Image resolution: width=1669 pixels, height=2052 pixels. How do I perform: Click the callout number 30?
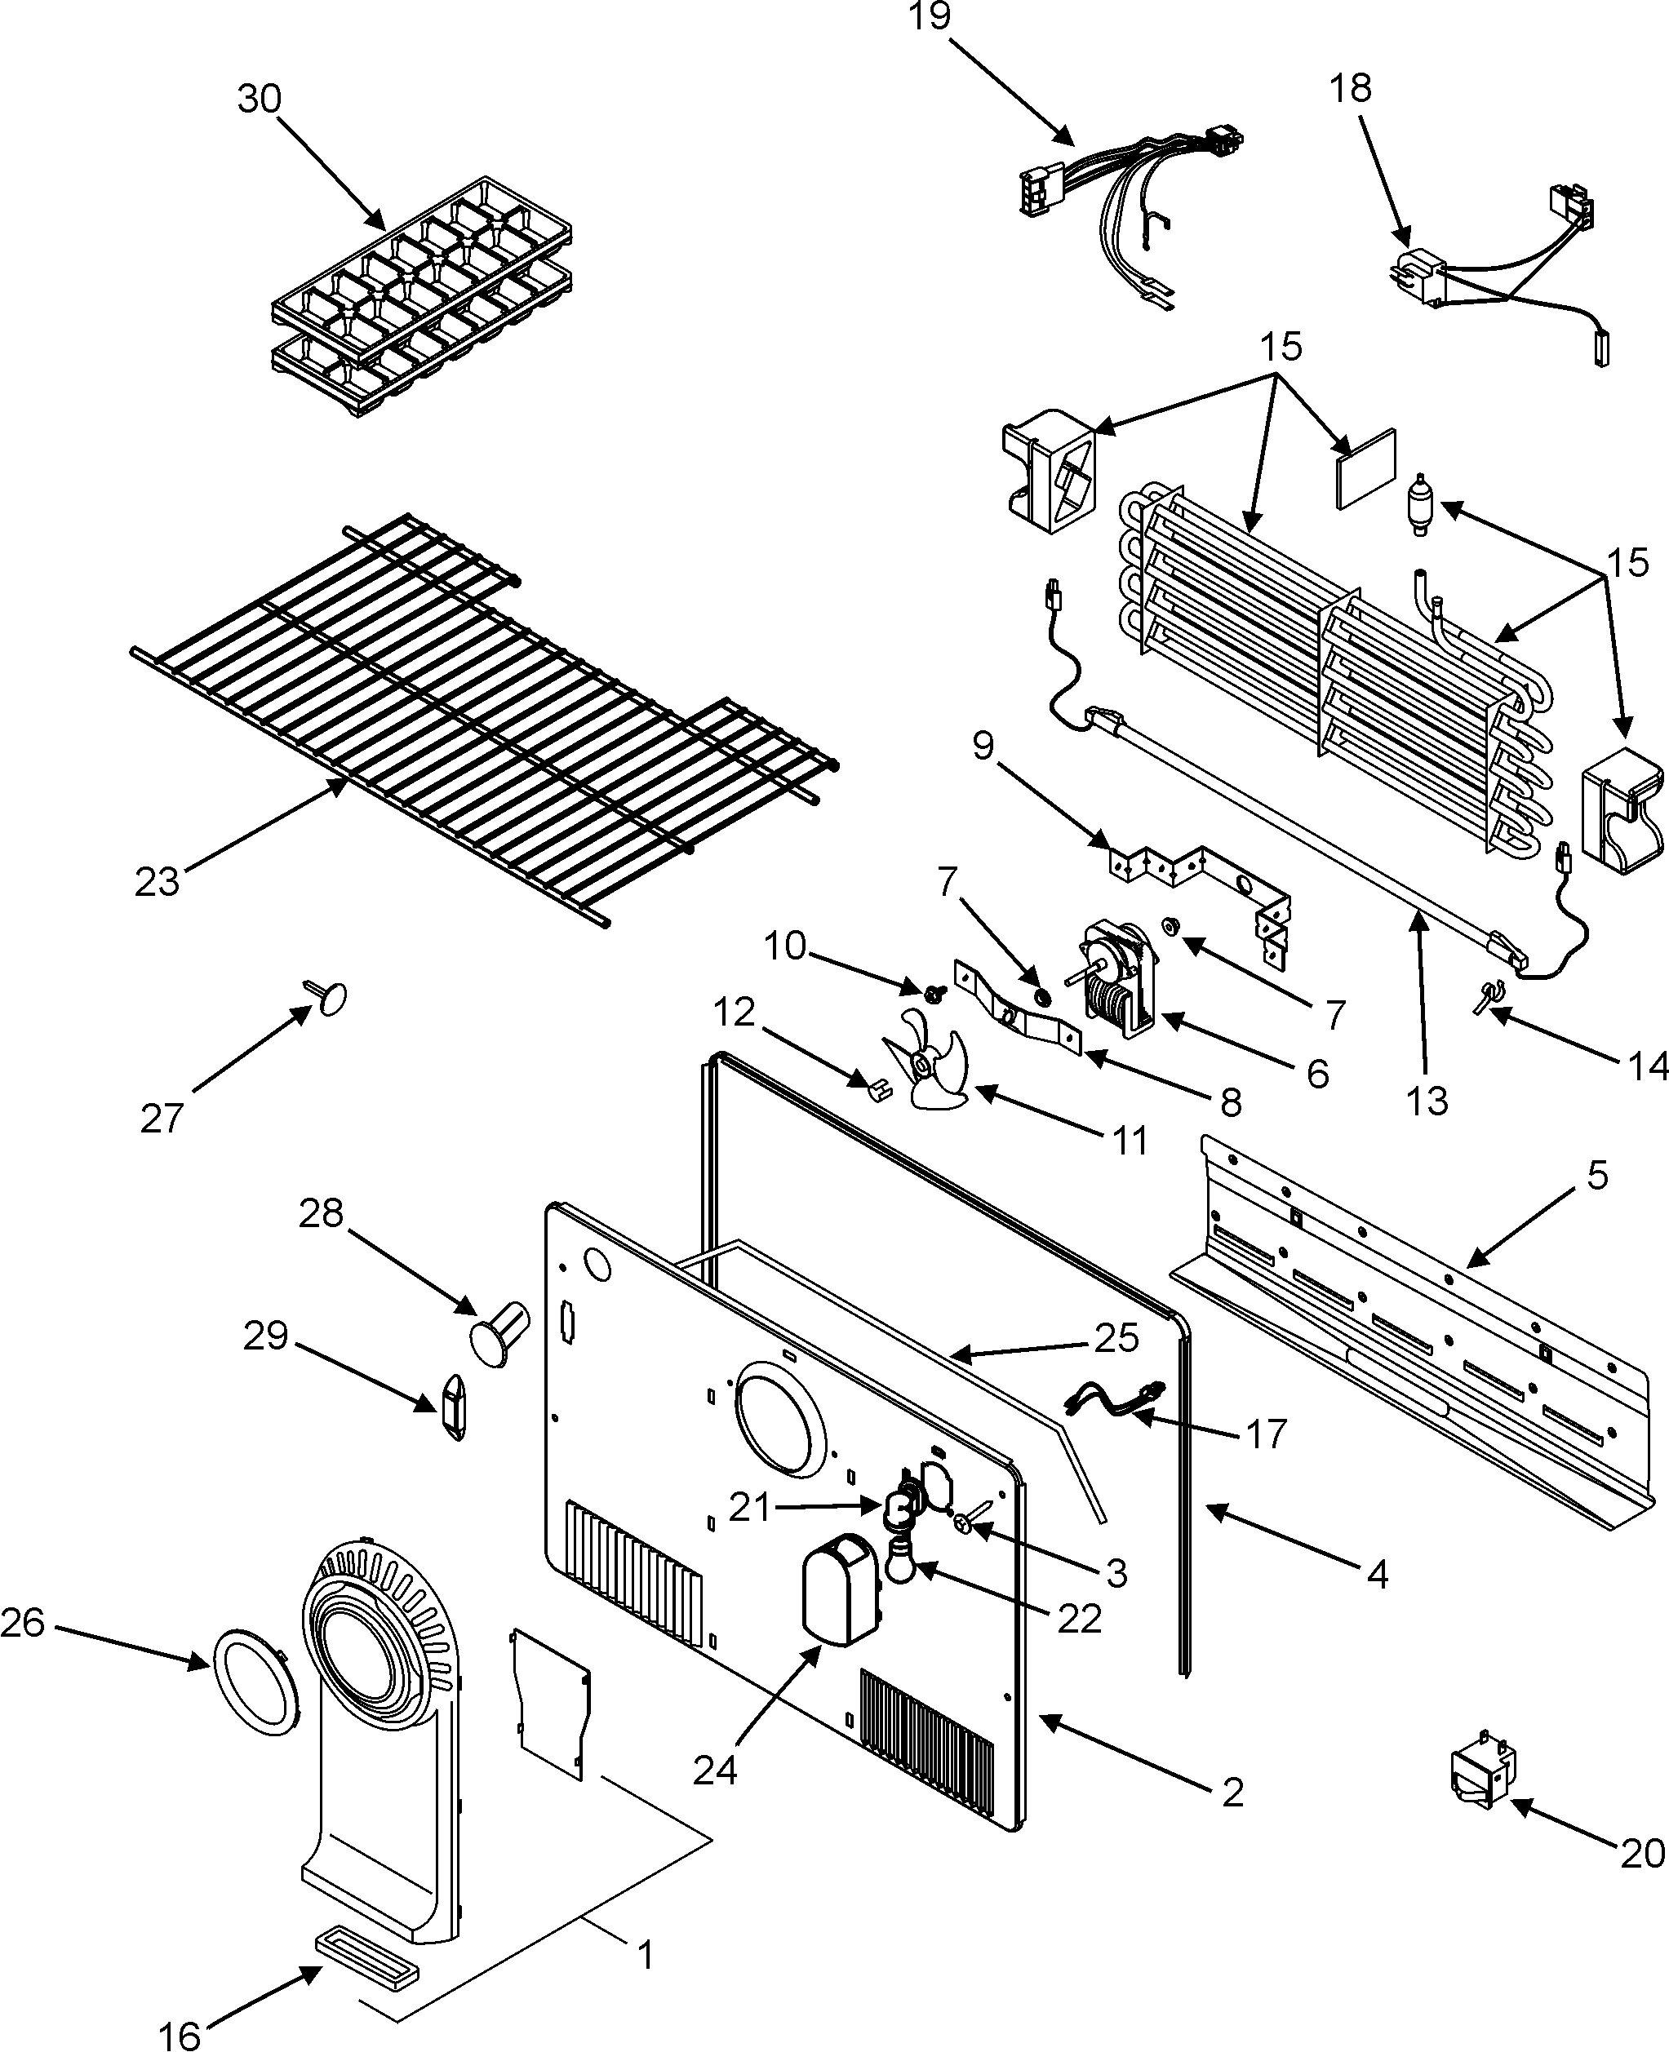pyautogui.click(x=259, y=99)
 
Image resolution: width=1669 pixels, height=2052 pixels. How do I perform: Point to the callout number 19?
pyautogui.click(x=930, y=16)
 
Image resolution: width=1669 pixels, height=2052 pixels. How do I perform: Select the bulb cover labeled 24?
pyautogui.click(x=838, y=1588)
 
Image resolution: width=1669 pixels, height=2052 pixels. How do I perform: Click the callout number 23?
pyautogui.click(x=157, y=880)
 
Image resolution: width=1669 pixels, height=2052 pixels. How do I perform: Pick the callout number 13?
pyautogui.click(x=1427, y=1101)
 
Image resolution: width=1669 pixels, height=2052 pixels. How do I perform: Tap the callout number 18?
pyautogui.click(x=1350, y=87)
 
